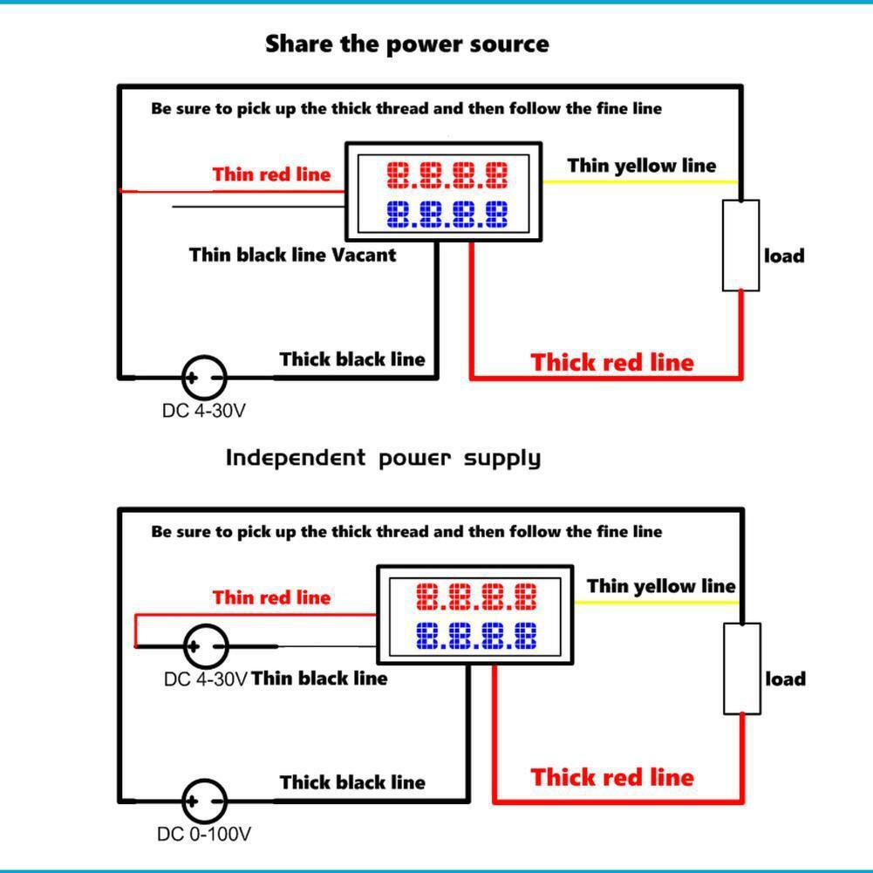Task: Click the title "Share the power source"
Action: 407,44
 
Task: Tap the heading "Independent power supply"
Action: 383,458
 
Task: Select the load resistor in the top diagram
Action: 740,245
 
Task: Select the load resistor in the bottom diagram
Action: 742,668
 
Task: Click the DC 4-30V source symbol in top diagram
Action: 204,378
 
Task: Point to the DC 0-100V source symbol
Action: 204,801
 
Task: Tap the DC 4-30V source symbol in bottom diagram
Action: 206,646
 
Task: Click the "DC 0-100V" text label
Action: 204,835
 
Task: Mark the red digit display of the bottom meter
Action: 476,598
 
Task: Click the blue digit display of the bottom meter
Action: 476,637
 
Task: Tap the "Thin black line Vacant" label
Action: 292,255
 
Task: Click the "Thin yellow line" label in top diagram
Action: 641,166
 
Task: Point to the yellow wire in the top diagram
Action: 641,181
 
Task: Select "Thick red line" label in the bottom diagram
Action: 612,777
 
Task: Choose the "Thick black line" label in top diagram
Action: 352,359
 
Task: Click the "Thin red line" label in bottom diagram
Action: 272,597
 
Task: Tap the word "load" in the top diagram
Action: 784,256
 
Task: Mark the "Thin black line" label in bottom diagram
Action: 319,678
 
